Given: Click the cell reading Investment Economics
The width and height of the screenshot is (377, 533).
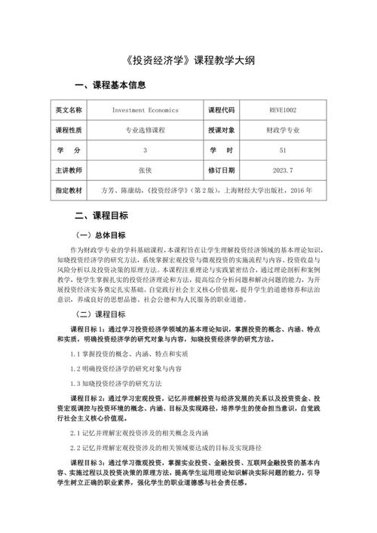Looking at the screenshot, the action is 145,110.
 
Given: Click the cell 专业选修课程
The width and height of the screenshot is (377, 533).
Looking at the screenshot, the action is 145,130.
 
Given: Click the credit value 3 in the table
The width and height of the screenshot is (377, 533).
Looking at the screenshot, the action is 145,150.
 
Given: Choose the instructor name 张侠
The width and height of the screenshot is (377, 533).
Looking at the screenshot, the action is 145,170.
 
